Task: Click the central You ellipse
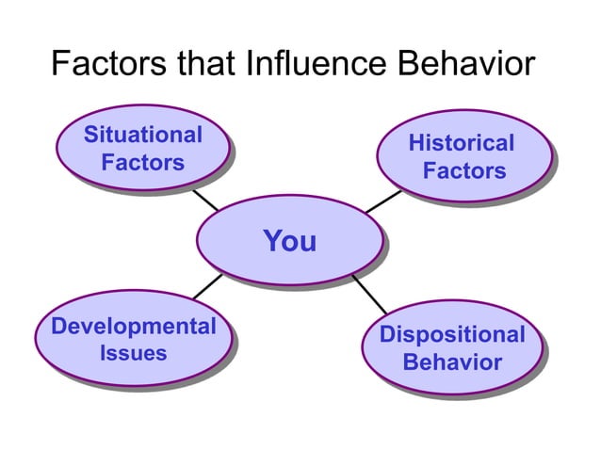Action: coord(289,241)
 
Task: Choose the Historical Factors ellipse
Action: coord(462,157)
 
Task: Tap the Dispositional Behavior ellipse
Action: coord(451,347)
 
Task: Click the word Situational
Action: coord(143,135)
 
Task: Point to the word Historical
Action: coord(462,144)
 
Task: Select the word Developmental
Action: coord(134,327)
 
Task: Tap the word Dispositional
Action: coord(451,334)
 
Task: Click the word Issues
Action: coord(133,354)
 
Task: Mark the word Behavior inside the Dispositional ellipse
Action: coord(452,362)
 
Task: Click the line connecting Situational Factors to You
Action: coord(205,201)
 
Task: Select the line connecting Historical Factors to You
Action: coord(383,201)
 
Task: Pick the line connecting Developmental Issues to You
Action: coord(208,285)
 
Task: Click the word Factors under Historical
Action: coord(463,171)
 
